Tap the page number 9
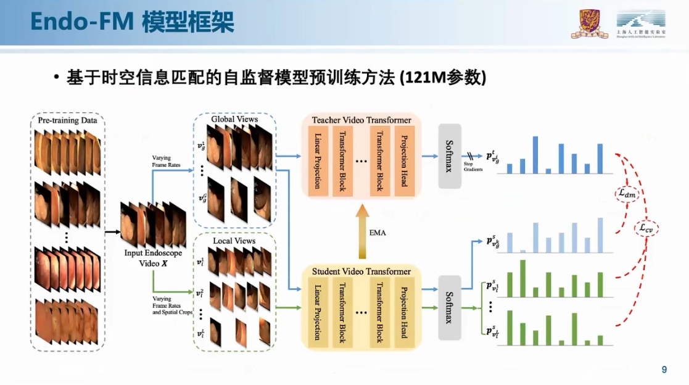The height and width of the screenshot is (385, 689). tap(664, 370)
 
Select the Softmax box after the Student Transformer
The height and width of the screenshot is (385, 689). tap(450, 308)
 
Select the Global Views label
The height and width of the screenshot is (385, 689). tap(234, 119)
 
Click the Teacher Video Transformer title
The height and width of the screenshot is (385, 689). tap(361, 120)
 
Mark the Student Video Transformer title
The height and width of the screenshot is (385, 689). tap(361, 271)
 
